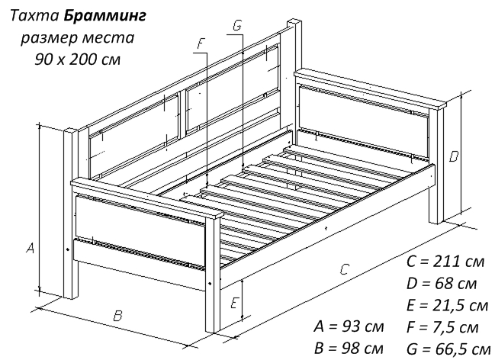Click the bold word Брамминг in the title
[x=104, y=16]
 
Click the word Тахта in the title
[x=34, y=16]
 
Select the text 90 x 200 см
[x=78, y=59]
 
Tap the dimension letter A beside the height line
[x=30, y=248]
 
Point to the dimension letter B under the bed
[x=117, y=316]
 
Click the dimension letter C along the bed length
[x=345, y=268]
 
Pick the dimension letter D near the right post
[x=454, y=156]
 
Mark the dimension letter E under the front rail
[x=234, y=303]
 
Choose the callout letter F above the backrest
[x=201, y=43]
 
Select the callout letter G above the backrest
[x=237, y=25]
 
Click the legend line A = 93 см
[x=349, y=326]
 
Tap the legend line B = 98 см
[x=349, y=349]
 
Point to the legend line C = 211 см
[x=445, y=262]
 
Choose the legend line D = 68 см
[x=442, y=284]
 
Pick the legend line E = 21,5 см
[x=448, y=305]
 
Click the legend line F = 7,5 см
[x=442, y=327]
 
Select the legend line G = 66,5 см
[x=448, y=349]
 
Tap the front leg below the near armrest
[x=213, y=274]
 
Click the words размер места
[x=78, y=38]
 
